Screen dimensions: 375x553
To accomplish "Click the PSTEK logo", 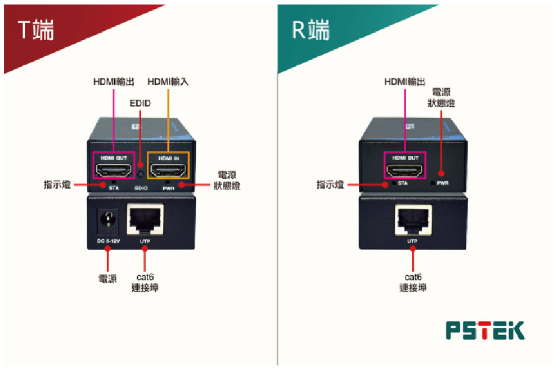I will coord(484,331).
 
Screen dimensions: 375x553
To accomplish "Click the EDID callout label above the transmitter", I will coord(140,104).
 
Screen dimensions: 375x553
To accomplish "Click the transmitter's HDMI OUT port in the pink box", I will coord(114,169).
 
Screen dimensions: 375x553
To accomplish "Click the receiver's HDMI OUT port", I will coord(404,169).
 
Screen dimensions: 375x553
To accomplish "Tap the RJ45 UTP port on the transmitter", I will coord(146,219).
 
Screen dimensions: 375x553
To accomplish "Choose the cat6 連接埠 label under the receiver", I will coord(413,282).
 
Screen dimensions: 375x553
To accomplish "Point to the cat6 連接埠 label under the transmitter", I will coord(145,282).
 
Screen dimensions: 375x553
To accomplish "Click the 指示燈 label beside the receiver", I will coord(330,184).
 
